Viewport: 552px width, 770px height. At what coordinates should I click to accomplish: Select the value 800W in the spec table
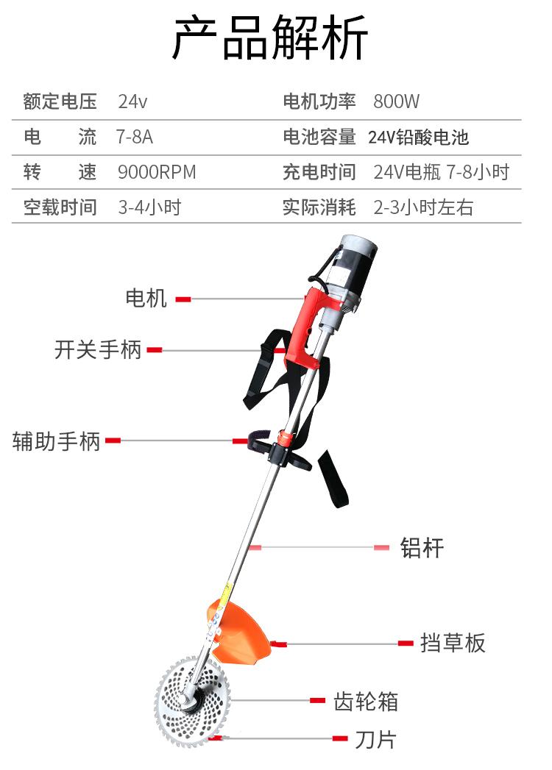pos(396,101)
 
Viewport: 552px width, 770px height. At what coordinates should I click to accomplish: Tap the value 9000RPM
pos(157,172)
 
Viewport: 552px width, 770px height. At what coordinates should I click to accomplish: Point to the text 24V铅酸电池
pos(418,137)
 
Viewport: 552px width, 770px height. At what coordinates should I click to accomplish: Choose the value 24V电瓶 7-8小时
pos(441,172)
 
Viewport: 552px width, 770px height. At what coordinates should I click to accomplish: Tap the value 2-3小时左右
pos(423,207)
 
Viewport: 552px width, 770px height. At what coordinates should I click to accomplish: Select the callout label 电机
pos(146,299)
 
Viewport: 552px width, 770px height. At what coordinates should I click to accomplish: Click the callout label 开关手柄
pos(98,349)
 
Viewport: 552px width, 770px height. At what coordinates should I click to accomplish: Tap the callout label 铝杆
pos(422,547)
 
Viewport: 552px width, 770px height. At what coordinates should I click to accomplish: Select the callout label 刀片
pos(375,738)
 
